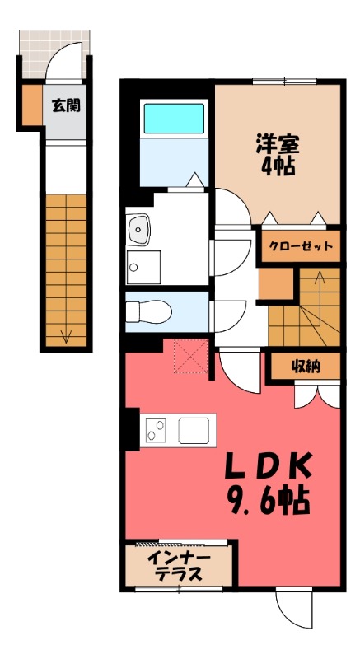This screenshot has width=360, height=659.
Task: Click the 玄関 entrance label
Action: pos(66,105)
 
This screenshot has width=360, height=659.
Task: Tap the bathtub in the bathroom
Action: pos(174,119)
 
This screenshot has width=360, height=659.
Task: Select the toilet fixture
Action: pos(149,312)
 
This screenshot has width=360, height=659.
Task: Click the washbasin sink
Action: pos(139,230)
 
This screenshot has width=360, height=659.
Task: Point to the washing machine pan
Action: pos(143,267)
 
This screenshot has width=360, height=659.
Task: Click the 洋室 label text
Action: pos(278,144)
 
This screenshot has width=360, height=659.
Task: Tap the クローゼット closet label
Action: pos(301,246)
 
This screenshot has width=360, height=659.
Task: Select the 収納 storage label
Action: pos(306,367)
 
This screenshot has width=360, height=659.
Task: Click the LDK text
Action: pos(268,466)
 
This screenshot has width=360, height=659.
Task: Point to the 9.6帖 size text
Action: pos(268,500)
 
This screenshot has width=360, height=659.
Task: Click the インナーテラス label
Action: pos(179,566)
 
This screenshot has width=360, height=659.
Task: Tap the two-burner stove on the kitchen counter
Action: pos(155,430)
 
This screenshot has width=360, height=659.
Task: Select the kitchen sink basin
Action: pos(194,430)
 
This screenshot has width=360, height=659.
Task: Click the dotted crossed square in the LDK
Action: pos(191,356)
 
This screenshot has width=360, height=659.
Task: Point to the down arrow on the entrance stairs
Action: pos(66,335)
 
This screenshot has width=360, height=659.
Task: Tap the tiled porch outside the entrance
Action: pos(54,54)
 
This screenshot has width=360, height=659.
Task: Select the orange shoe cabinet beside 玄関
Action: pos(32,105)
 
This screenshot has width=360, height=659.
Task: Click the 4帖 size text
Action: pos(278,166)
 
